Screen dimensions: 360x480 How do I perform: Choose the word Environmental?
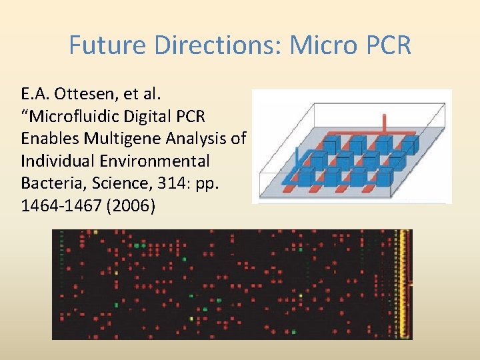pyautogui.click(x=155, y=161)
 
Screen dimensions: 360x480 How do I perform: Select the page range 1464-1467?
pyautogui.click(x=59, y=205)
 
